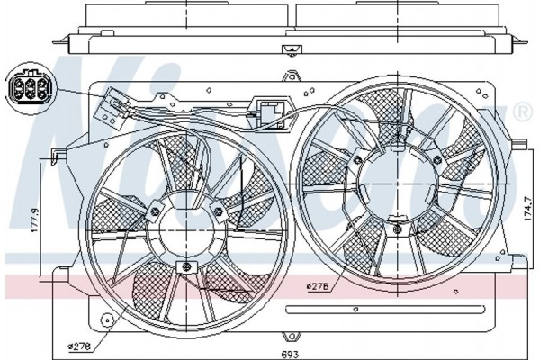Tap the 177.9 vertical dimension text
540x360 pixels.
35,220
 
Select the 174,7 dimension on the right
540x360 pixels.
527,209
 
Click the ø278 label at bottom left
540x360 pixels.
79,346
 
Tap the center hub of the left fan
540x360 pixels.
186,230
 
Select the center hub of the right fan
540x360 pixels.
398,184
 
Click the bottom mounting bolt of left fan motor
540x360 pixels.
186,266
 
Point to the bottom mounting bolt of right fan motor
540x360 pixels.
398,228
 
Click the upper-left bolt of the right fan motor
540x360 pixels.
358,160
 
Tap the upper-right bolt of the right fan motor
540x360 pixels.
437,160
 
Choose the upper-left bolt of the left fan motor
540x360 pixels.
155,211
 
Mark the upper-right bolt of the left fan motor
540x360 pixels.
219,211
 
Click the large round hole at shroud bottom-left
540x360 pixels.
107,320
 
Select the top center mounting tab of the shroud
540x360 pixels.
292,76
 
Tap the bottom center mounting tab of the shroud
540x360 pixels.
292,336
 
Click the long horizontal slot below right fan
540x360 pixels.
385,310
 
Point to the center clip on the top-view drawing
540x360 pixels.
292,50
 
